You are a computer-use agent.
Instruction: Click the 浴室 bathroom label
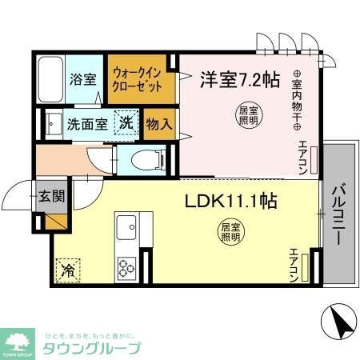click(x=82, y=80)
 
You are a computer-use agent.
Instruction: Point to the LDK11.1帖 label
click(x=231, y=201)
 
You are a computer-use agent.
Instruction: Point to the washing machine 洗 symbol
click(x=126, y=124)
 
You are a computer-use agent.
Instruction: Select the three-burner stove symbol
click(x=127, y=265)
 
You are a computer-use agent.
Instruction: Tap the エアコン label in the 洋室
click(x=303, y=155)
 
